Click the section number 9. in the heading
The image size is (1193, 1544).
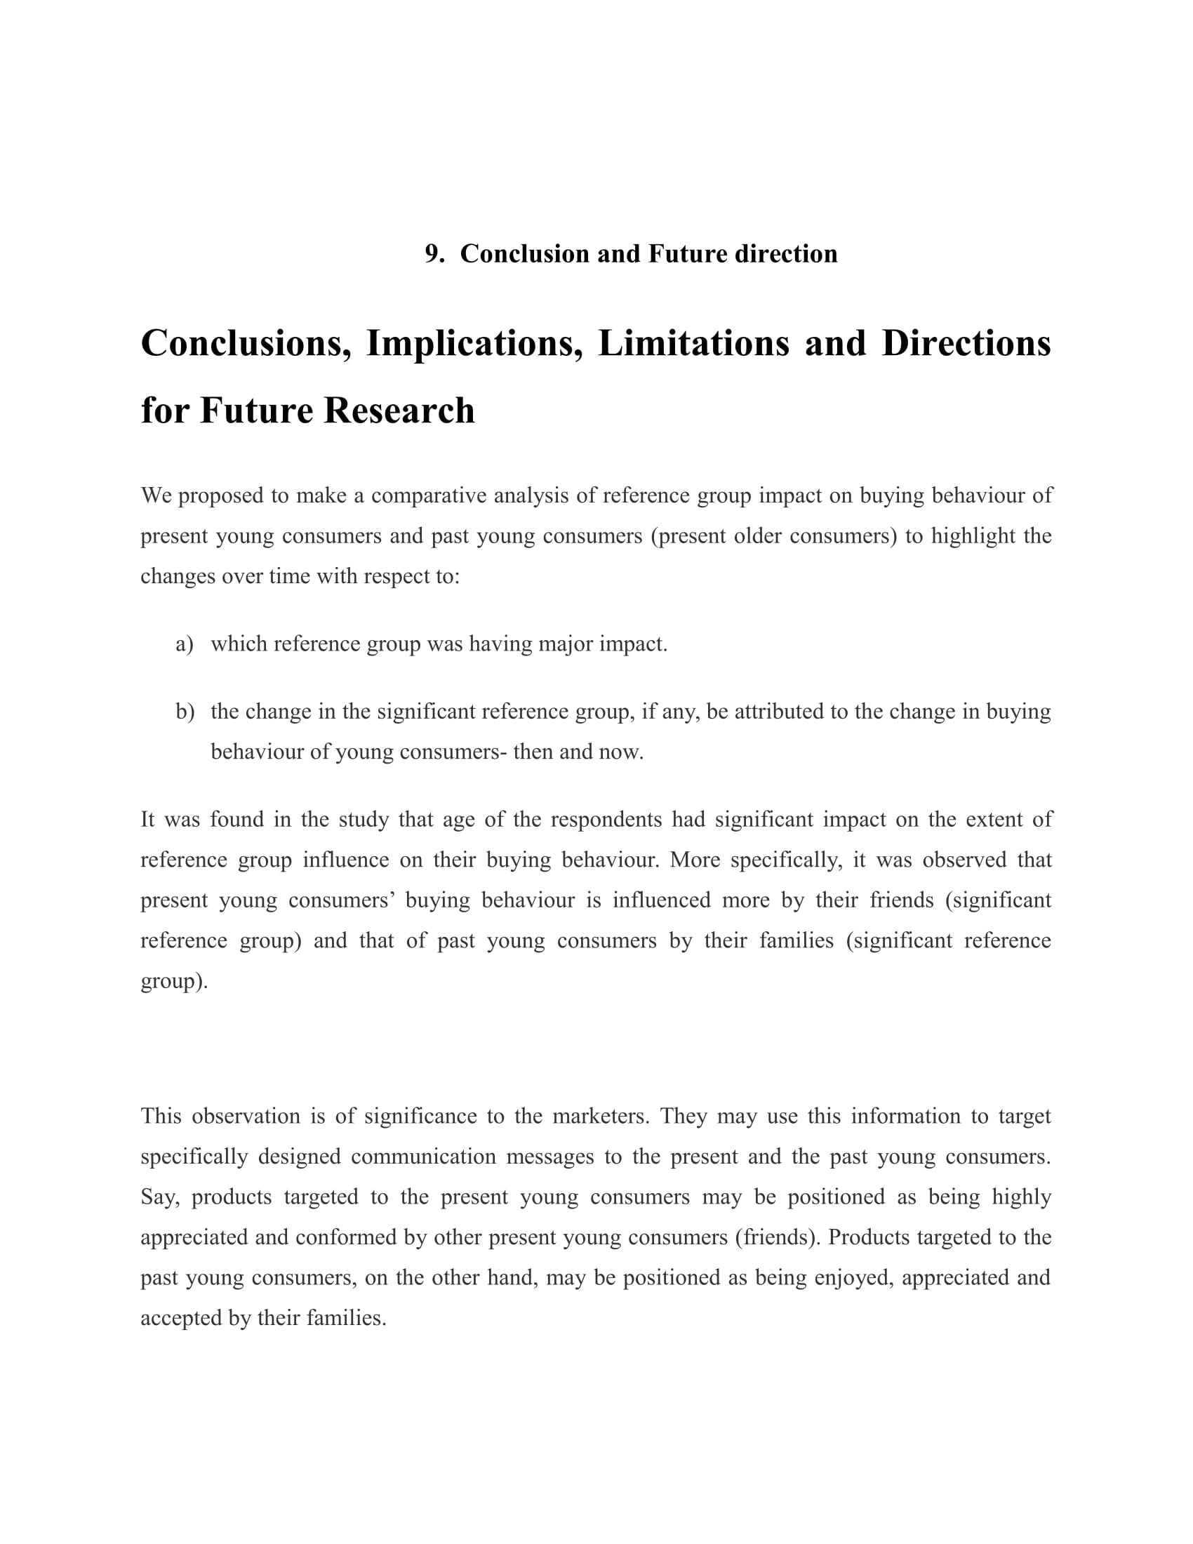[434, 254]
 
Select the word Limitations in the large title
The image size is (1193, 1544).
[693, 343]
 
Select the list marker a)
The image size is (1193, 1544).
[185, 644]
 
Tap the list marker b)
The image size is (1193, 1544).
[185, 711]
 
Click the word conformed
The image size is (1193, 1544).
[346, 1237]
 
